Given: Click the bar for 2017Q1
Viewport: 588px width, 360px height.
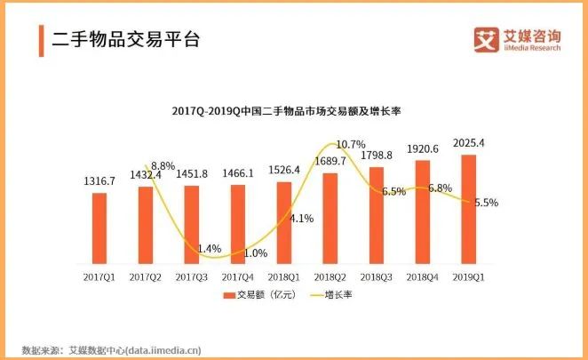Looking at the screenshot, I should tap(99, 230).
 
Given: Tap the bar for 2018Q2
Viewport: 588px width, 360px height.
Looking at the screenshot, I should tap(330, 220).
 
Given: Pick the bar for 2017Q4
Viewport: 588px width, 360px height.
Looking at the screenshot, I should tap(237, 226).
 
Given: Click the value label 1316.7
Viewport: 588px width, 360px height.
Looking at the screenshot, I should tap(99, 181).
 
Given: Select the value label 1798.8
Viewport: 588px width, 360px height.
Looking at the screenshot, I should tap(376, 156).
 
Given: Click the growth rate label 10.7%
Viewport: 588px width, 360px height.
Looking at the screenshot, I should tap(350, 144).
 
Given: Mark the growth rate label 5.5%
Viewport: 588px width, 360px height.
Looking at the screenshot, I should tap(485, 203).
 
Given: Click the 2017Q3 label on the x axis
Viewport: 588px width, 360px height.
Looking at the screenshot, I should tap(191, 277).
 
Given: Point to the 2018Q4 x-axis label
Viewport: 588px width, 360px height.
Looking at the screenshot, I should tap(422, 277).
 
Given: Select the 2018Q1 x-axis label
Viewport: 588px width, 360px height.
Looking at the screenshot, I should tap(283, 277).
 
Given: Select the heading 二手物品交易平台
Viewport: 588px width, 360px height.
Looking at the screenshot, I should tap(125, 40).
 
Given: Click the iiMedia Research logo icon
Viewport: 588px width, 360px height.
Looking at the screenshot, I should tap(484, 40).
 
